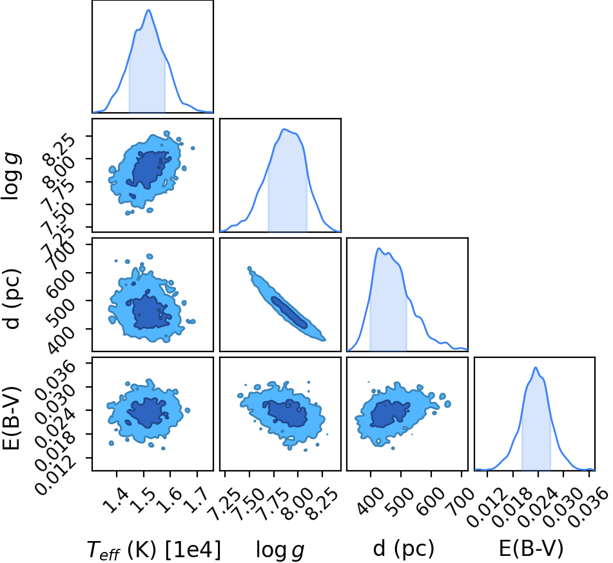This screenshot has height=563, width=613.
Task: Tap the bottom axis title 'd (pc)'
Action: pyautogui.click(x=404, y=549)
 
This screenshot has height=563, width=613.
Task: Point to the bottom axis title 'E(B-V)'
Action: pyautogui.click(x=531, y=548)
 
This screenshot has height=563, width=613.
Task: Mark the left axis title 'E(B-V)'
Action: pyautogui.click(x=12, y=417)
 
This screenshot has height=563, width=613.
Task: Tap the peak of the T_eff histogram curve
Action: pyautogui.click(x=148, y=10)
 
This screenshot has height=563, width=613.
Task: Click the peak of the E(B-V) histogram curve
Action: pyautogui.click(x=536, y=368)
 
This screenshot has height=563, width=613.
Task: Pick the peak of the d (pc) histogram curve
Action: pyautogui.click(x=378, y=248)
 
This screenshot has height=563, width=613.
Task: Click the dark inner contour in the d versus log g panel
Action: pyautogui.click(x=289, y=312)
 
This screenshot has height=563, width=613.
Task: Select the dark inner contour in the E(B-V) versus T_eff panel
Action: pyautogui.click(x=148, y=413)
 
